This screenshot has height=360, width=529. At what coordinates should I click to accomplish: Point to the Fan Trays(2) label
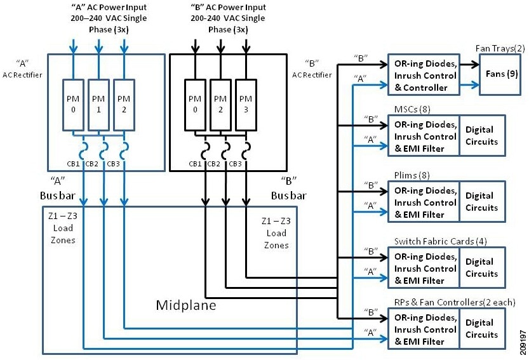click(x=499, y=49)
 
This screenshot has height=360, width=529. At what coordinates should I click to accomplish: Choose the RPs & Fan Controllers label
click(x=455, y=301)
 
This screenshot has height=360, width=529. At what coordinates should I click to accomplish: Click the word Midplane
click(x=186, y=305)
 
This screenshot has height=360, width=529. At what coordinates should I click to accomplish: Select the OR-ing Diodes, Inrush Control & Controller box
click(x=422, y=76)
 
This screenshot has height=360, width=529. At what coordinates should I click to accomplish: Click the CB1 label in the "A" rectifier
click(x=74, y=164)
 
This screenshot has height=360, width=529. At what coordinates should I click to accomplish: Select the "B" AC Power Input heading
click(x=220, y=18)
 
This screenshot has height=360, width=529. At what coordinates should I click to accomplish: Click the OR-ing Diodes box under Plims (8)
click(x=422, y=202)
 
